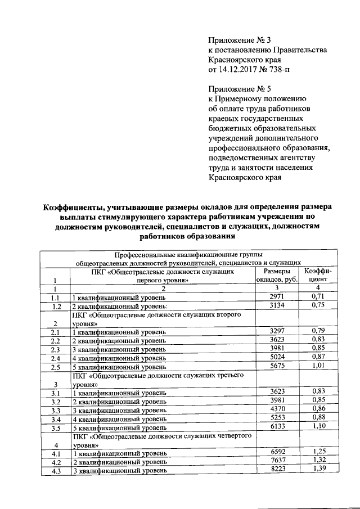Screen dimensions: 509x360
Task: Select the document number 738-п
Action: point(279,70)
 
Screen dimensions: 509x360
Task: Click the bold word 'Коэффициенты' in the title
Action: point(78,207)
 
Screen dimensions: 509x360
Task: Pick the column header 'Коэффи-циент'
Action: point(318,275)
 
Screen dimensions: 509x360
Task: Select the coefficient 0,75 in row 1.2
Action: point(319,305)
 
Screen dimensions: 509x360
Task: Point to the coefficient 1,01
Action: point(319,367)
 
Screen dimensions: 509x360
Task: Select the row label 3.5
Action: point(55,427)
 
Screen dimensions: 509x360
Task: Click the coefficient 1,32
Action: point(319,461)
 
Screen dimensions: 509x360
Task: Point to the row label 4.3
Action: point(55,470)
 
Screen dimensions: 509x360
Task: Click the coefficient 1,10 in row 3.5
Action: point(319,427)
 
